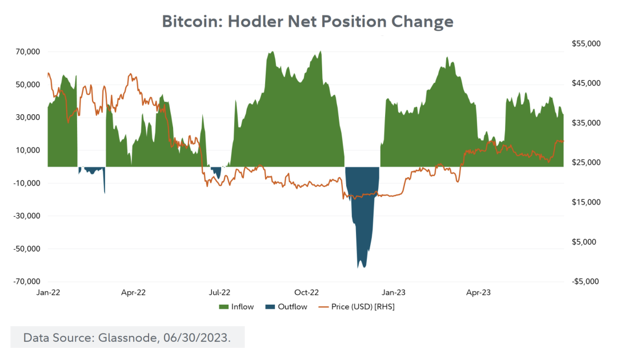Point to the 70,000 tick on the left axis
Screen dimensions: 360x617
[27, 51]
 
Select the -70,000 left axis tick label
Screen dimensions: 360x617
[26, 282]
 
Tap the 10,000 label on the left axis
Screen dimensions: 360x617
[27, 150]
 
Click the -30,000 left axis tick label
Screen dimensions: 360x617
[26, 216]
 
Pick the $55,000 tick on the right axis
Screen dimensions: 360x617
[586, 44]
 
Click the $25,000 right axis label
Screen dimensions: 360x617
[586, 163]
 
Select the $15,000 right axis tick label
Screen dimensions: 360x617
[586, 202]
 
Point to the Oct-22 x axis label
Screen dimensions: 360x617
[306, 293]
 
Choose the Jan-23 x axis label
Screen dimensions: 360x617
[393, 293]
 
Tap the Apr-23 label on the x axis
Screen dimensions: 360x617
[478, 293]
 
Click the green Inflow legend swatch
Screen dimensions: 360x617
[223, 307]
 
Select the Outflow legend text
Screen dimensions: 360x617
[293, 307]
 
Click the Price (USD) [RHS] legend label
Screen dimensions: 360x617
[363, 307]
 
